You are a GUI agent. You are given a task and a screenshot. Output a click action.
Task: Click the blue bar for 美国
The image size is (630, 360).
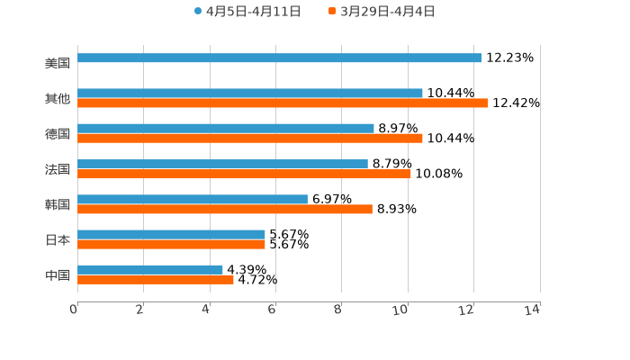coord(279,58)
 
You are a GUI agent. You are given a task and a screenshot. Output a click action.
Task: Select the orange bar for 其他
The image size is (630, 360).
coord(283,103)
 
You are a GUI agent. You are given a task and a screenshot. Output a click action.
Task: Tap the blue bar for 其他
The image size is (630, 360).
coord(250,93)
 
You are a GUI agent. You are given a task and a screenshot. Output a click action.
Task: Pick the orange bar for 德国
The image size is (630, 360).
coord(250,138)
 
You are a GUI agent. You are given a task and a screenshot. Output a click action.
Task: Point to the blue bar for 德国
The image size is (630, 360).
coord(226,128)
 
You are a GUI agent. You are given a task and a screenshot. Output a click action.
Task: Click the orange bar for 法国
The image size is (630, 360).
coord(244,174)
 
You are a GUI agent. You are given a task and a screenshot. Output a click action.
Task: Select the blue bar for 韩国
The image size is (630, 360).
coord(193,199)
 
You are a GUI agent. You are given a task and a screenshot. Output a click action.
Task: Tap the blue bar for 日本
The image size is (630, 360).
coord(171,234)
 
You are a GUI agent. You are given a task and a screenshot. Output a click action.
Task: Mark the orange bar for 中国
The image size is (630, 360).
coord(156,279)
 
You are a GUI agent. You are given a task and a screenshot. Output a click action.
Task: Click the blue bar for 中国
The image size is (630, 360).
coord(150,269)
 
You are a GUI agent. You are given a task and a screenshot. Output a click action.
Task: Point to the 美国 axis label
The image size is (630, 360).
coord(58,64)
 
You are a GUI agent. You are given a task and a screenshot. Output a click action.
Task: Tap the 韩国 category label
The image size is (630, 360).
coord(58,205)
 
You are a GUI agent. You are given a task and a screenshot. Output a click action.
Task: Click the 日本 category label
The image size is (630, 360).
coord(58,240)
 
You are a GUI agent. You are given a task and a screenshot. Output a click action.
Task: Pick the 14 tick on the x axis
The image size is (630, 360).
coord(533,310)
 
